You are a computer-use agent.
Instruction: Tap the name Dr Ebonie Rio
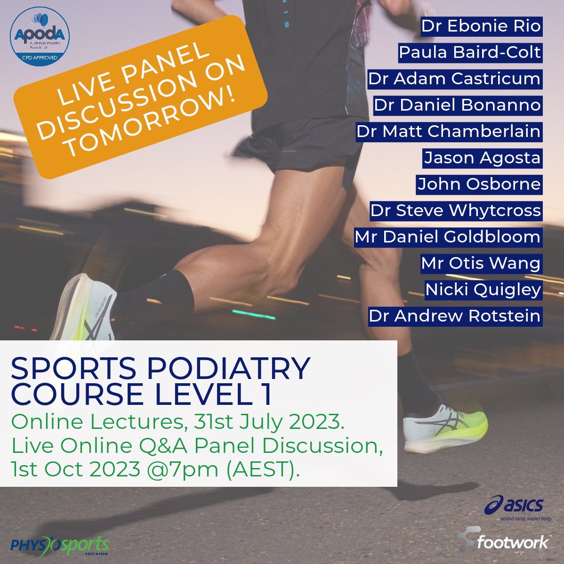coord(481,26)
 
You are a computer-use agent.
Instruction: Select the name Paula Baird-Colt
coord(470,52)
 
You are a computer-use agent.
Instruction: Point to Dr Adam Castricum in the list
coord(454,79)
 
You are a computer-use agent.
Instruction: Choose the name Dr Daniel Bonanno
coord(457,105)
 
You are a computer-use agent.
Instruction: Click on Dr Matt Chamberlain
coord(448,131)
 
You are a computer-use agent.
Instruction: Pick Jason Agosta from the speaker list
coord(482,158)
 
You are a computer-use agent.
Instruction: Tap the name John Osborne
coord(479,184)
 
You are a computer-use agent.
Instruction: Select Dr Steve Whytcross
coord(455,210)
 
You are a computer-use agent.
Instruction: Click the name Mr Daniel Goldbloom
coord(448,236)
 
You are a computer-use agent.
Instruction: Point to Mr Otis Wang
coord(481,263)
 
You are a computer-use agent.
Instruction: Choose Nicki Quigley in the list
coord(483,290)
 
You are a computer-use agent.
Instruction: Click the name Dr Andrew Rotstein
coord(454,316)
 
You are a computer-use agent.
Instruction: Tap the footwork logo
coord(504,541)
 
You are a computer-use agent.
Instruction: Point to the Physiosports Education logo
coord(59,545)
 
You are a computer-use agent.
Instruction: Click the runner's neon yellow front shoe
coord(445,426)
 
